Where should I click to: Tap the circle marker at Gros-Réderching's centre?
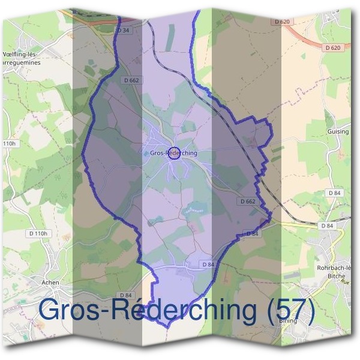point(173,152)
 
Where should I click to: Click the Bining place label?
point(288,321)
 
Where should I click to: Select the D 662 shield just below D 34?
point(131,80)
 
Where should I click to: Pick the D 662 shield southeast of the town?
point(247,202)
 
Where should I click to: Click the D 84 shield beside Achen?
point(125,295)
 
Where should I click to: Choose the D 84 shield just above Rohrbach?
point(327,226)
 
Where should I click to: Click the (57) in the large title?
point(283,310)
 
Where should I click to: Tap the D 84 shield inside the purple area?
point(208,264)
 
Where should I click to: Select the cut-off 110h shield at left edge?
point(8,144)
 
